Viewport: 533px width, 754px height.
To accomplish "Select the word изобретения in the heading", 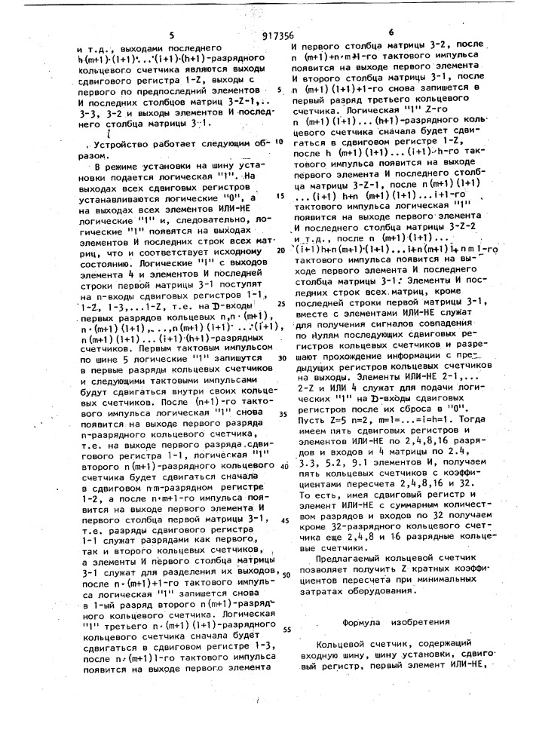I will [428, 623].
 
